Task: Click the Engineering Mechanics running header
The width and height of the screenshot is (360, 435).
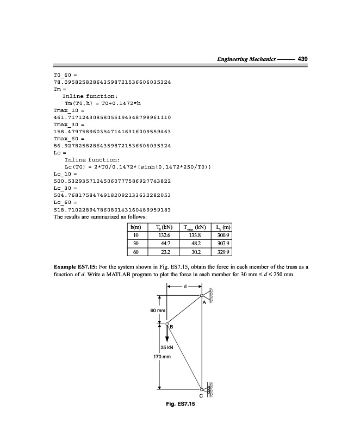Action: [246, 59]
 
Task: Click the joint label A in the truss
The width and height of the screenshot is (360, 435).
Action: [203, 303]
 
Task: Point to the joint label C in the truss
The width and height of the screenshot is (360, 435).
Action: [202, 396]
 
